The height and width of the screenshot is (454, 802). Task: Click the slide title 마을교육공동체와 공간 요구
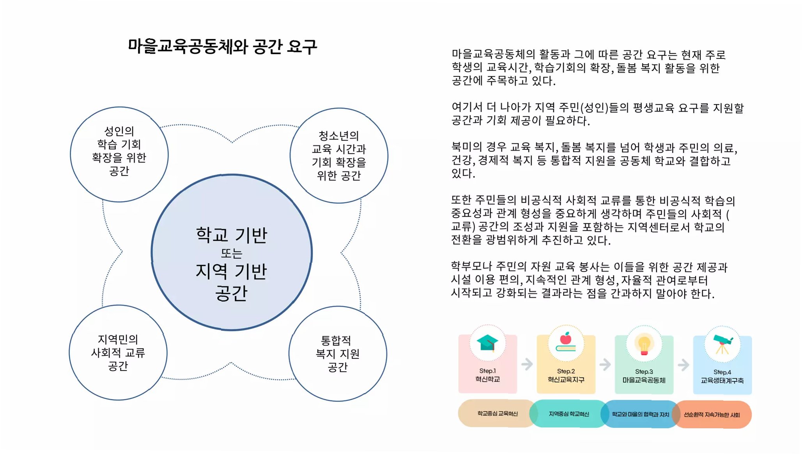[x=222, y=47]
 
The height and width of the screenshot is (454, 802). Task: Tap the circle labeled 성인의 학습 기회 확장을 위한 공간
[x=119, y=154]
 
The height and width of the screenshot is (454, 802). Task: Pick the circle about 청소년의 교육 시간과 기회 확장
[x=339, y=155]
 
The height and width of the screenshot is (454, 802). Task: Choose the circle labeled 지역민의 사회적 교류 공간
[x=118, y=352]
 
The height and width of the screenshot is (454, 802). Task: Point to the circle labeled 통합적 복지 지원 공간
[x=338, y=353]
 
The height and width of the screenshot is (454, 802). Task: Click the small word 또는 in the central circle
[x=232, y=254]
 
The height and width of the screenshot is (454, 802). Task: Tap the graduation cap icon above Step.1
[x=487, y=343]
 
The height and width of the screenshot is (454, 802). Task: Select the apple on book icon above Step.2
[x=566, y=343]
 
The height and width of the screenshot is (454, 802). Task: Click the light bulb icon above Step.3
[x=644, y=344]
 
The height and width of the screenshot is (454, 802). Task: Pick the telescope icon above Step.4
[x=722, y=344]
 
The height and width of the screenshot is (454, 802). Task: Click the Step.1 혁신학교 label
[x=487, y=375]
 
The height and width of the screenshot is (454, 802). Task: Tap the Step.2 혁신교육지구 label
[x=566, y=376]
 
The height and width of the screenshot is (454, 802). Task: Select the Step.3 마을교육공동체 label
[x=644, y=376]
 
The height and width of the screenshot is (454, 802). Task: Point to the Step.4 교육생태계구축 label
[x=722, y=376]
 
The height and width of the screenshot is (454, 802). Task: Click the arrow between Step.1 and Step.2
[x=527, y=364]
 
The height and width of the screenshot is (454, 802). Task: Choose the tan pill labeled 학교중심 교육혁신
[x=497, y=413]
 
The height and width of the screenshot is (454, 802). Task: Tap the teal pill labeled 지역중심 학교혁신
[x=569, y=414]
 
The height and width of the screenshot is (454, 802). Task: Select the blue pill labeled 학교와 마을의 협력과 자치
[x=640, y=414]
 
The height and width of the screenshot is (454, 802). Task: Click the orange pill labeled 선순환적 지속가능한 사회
[x=712, y=415]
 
